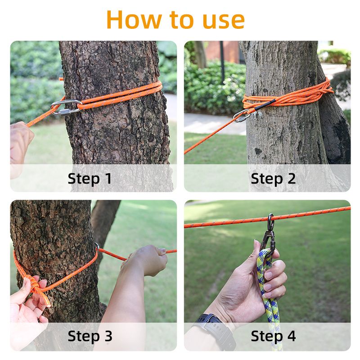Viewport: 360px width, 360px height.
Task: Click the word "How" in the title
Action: coord(134,20)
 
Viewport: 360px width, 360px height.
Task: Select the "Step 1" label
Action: coord(90,178)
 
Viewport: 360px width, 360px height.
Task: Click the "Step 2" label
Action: coord(273,178)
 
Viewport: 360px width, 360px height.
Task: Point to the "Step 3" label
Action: coord(90,336)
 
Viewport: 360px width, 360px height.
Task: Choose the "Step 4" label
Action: coord(273,336)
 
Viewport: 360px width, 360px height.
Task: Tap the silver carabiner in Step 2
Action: coord(242,116)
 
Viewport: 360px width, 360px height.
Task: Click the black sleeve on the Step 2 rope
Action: coord(265,104)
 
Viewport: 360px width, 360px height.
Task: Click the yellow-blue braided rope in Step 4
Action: coord(269,298)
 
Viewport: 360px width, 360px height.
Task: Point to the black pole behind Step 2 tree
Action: coord(222,62)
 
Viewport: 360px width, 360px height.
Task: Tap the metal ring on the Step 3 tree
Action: coord(97,246)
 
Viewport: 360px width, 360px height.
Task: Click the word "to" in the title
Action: coord(181,20)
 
